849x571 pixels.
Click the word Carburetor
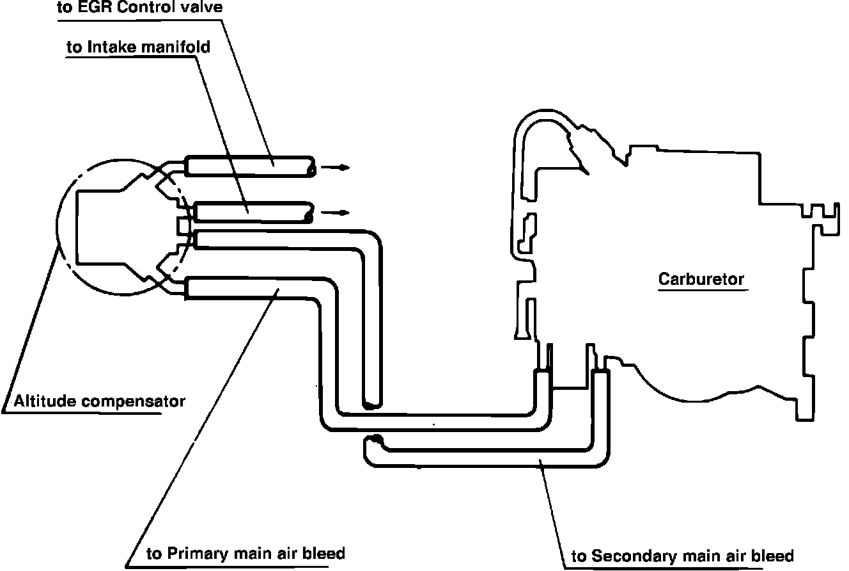click(701, 279)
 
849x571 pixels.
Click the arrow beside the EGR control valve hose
click(335, 167)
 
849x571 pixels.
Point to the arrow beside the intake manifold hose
click(335, 213)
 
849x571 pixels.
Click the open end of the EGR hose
click(311, 167)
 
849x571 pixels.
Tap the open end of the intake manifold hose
click(309, 213)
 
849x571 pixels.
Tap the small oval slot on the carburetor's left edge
click(527, 234)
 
